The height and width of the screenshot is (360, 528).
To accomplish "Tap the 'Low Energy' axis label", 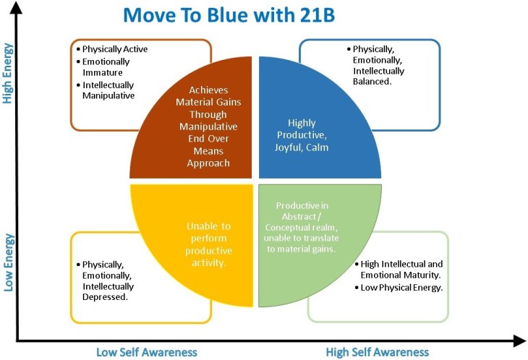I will point(9,262).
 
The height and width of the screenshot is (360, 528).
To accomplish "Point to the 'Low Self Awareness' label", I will point(147,352).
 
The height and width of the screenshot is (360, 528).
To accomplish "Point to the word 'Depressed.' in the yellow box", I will point(106,298).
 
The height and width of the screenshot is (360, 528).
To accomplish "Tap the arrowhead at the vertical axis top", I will point(18,7).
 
